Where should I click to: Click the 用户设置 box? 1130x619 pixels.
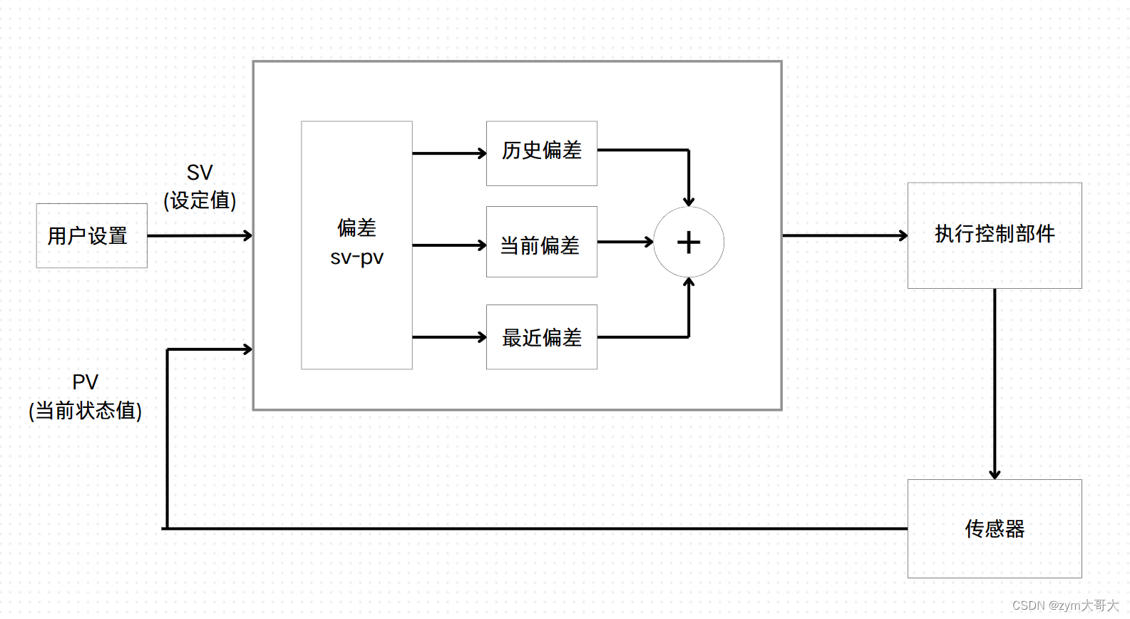91,236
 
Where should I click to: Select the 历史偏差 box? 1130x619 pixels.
541,153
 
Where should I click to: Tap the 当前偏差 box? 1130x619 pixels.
541,242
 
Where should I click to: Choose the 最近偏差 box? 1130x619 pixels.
541,337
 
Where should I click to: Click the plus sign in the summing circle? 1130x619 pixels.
689,242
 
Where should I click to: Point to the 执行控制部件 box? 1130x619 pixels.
994,235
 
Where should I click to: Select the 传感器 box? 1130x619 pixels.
994,528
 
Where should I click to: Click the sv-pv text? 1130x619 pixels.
356,257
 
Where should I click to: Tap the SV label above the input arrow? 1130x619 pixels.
200,173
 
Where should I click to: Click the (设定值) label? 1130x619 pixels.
200,200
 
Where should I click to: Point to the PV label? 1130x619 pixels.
86,382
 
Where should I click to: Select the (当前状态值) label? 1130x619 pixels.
86,411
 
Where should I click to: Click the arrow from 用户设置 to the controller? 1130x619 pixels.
200,235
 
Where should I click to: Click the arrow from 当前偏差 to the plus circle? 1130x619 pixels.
625,242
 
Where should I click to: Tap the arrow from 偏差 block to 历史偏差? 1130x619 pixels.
449,153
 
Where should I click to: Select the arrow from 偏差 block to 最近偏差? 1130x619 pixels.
449,337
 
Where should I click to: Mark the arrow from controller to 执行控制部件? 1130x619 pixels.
845,235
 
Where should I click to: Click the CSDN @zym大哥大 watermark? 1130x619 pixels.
1065,605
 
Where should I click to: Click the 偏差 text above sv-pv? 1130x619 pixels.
356,228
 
